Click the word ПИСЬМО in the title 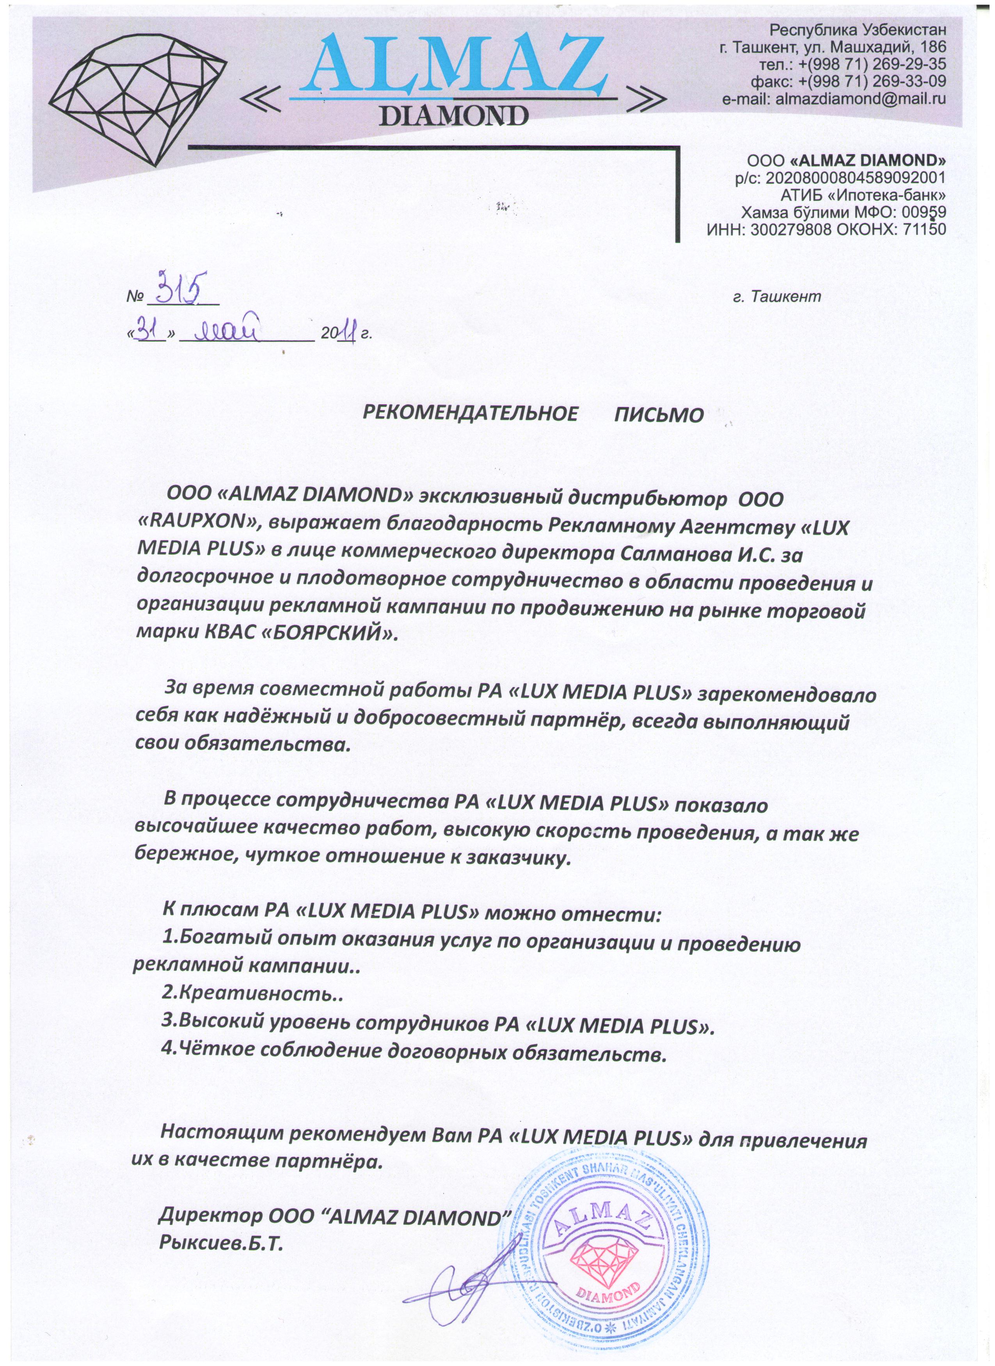click(x=659, y=416)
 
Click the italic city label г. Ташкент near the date click(x=777, y=296)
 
